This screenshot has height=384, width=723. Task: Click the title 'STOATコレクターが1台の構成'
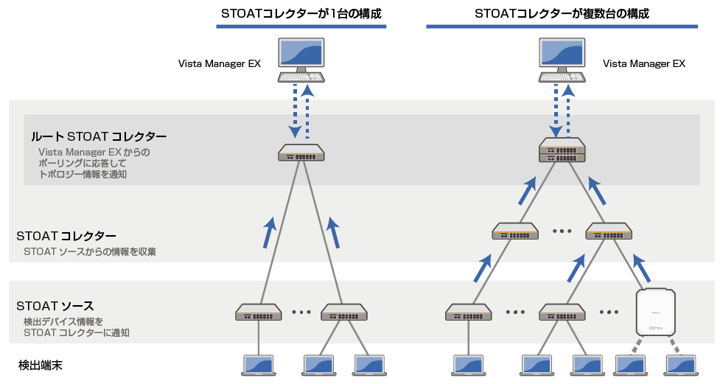tap(301, 13)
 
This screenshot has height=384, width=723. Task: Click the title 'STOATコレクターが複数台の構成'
tap(562, 13)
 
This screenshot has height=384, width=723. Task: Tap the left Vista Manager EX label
tap(220, 63)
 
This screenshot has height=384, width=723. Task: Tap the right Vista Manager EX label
tap(644, 63)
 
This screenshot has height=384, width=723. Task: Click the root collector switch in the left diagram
tap(301, 153)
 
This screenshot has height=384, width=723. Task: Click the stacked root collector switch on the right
tap(562, 150)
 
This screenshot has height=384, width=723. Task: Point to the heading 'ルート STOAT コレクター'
tap(99, 136)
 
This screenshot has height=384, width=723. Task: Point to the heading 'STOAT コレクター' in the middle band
tap(66, 236)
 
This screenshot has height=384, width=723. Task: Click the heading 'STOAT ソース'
tap(55, 305)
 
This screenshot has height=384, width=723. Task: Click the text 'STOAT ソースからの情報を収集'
tap(89, 251)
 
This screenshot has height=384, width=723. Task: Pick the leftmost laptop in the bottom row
tap(258, 364)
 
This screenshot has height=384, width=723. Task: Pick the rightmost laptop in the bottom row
tap(681, 364)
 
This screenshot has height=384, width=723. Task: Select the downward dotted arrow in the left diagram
tap(295, 111)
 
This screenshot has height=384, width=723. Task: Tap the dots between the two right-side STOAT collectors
tap(562, 231)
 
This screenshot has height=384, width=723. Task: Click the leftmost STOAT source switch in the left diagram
tap(258, 313)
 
